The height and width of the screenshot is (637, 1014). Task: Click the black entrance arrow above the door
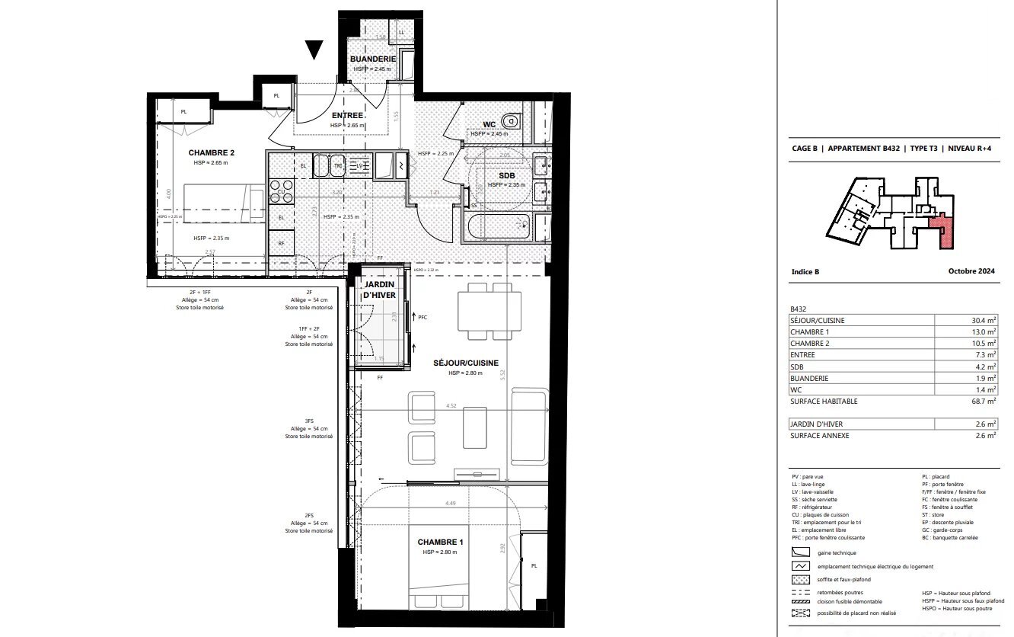[x=314, y=50]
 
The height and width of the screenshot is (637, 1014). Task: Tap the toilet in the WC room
[x=512, y=120]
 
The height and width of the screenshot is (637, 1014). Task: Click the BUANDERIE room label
[x=372, y=59]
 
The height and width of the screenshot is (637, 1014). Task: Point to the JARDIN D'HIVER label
[x=378, y=289]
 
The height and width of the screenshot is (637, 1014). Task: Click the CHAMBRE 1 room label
[x=440, y=542]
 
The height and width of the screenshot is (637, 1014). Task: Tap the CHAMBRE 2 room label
[x=212, y=152]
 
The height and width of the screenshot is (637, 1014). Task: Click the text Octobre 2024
[x=971, y=271]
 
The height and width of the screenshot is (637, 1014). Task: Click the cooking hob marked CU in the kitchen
[x=281, y=191]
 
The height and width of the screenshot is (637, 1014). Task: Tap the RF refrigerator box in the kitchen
[x=281, y=244]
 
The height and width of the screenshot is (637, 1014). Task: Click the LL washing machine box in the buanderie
[x=401, y=32]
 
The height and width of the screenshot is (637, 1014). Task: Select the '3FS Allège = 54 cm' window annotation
[x=309, y=429]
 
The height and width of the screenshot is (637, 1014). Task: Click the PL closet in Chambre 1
[x=534, y=566]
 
